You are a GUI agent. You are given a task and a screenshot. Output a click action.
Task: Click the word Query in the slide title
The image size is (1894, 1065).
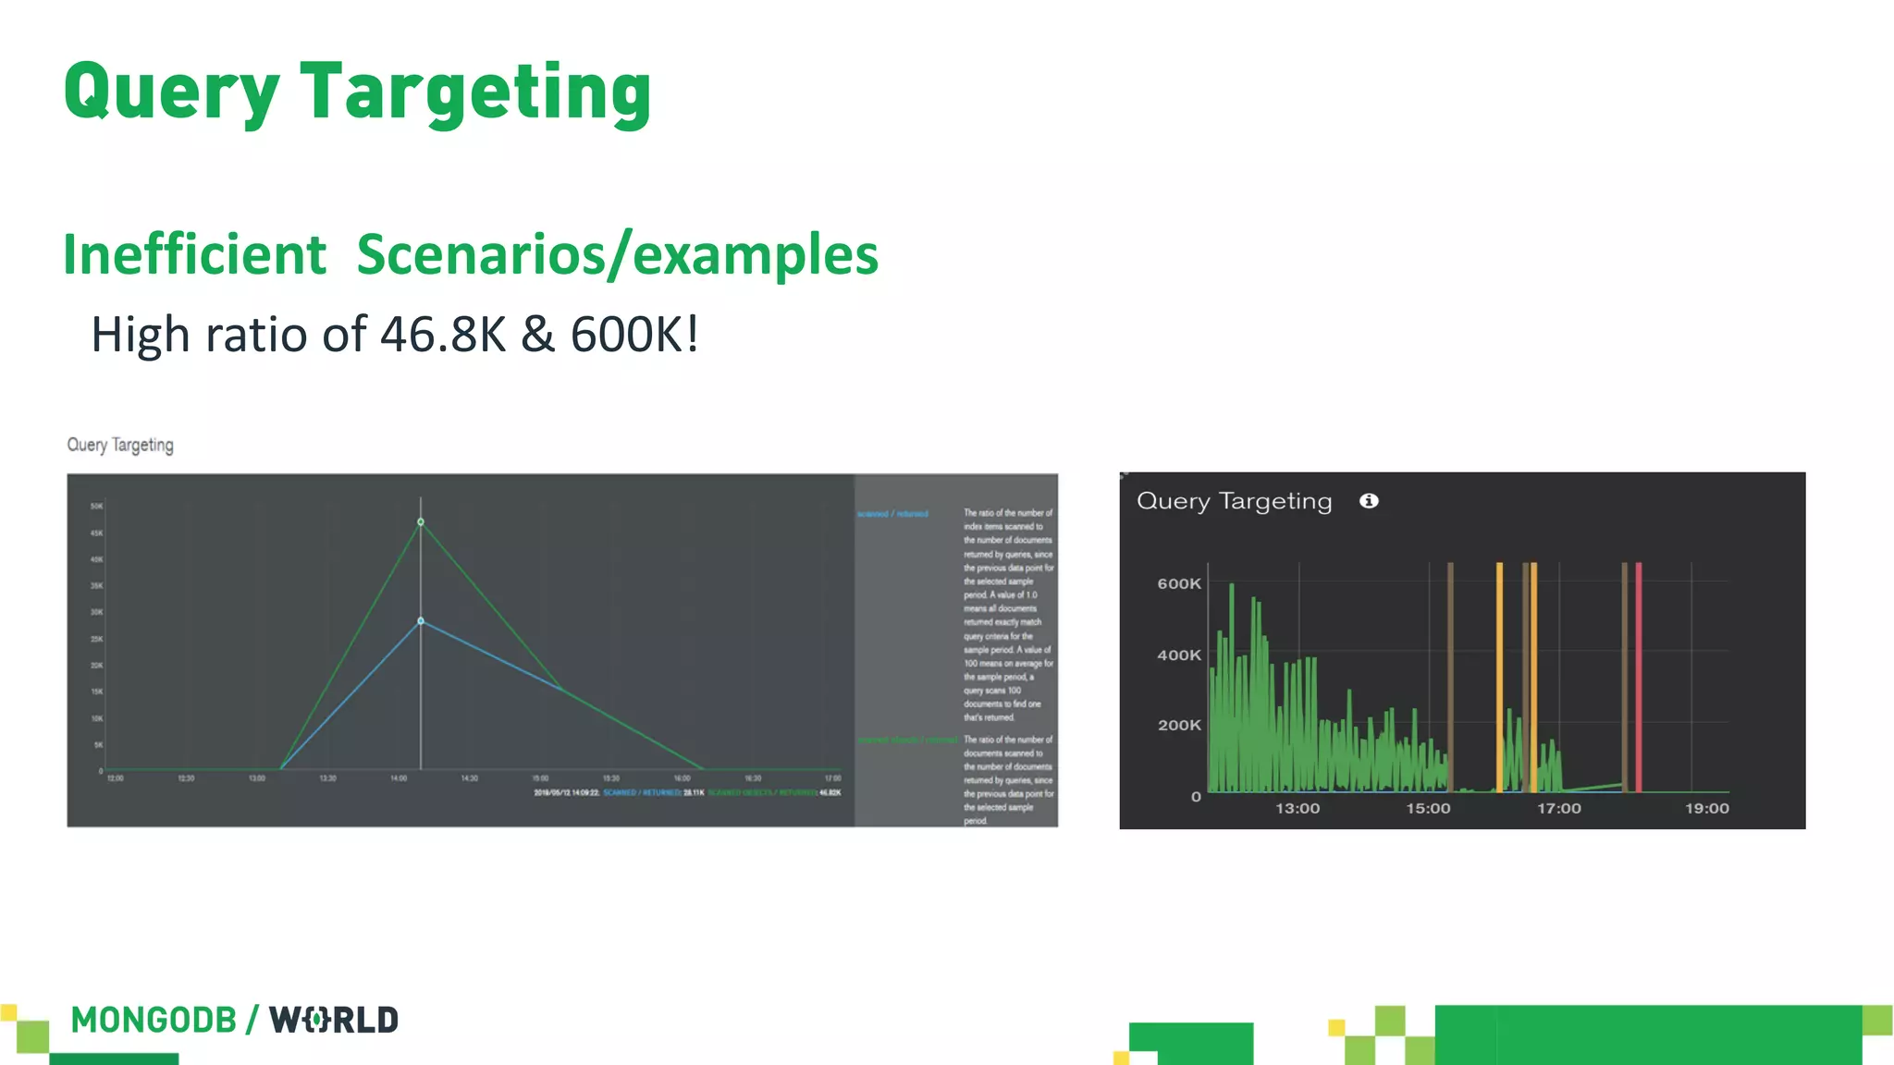pyautogui.click(x=171, y=92)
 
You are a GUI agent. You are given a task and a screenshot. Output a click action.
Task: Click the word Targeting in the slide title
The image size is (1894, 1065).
pyautogui.click(x=476, y=92)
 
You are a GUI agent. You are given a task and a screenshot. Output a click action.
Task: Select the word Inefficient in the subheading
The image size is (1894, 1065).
pyautogui.click(x=194, y=255)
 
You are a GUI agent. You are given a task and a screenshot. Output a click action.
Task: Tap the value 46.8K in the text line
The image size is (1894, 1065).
pyautogui.click(x=443, y=335)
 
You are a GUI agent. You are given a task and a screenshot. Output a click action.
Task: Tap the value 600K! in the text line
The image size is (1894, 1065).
pyautogui.click(x=634, y=335)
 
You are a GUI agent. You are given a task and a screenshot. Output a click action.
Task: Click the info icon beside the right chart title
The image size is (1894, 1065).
pyautogui.click(x=1369, y=501)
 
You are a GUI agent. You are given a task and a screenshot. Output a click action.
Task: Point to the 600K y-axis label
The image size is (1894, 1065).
pyautogui.click(x=1179, y=584)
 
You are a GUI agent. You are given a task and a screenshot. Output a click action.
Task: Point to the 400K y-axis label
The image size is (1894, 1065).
pyautogui.click(x=1179, y=655)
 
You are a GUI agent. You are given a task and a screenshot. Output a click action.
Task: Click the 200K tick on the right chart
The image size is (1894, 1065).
pyautogui.click(x=1179, y=726)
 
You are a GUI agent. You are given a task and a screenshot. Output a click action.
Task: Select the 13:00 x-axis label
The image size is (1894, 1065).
pyautogui.click(x=1298, y=809)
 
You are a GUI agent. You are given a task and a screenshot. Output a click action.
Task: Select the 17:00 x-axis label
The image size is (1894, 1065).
pyautogui.click(x=1559, y=809)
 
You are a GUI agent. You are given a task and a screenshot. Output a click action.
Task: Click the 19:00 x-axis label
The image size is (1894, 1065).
pyautogui.click(x=1706, y=809)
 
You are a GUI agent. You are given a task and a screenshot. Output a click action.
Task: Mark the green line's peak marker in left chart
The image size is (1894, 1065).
pyautogui.click(x=421, y=522)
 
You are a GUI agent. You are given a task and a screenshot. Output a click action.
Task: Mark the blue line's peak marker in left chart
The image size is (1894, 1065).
pyautogui.click(x=421, y=621)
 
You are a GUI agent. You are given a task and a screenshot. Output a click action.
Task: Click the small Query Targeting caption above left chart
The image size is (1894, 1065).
pyautogui.click(x=120, y=446)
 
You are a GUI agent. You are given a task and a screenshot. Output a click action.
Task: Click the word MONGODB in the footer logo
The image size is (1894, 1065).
pyautogui.click(x=154, y=1021)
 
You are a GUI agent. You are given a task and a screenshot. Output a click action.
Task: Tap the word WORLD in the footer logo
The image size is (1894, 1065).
pyautogui.click(x=334, y=1021)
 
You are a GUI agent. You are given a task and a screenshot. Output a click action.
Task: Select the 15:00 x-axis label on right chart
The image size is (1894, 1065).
pyautogui.click(x=1428, y=809)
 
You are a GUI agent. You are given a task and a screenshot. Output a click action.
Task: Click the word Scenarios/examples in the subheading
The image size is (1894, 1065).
pyautogui.click(x=617, y=255)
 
